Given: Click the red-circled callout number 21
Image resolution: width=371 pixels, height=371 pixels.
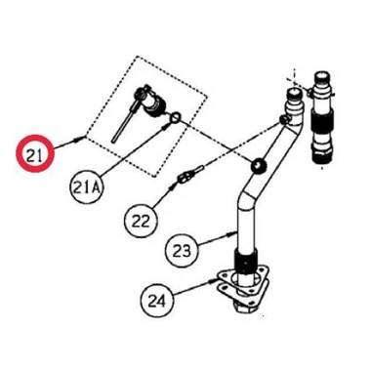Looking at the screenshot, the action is [x=35, y=153].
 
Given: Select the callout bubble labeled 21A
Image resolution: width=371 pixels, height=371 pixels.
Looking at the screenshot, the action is [x=86, y=187].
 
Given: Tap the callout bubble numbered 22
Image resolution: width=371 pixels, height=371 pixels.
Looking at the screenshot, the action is [x=141, y=221].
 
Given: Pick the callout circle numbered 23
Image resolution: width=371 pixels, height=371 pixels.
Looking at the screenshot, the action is [x=183, y=251].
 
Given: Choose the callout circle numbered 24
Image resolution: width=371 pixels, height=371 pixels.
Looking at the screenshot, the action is [x=157, y=300].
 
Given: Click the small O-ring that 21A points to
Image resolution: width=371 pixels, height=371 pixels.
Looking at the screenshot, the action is [x=175, y=116].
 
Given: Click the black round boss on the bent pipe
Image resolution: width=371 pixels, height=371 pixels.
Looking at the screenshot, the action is [x=259, y=166].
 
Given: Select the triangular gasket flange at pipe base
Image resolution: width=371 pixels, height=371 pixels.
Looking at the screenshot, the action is [x=243, y=285].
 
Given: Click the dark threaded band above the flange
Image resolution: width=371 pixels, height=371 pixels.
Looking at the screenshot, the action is [x=246, y=259].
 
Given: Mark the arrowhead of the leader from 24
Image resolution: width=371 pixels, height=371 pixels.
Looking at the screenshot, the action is [x=213, y=280].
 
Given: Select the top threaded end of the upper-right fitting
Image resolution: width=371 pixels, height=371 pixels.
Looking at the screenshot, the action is [x=322, y=78].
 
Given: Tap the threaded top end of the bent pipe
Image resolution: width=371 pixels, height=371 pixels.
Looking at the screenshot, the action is [x=294, y=96].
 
